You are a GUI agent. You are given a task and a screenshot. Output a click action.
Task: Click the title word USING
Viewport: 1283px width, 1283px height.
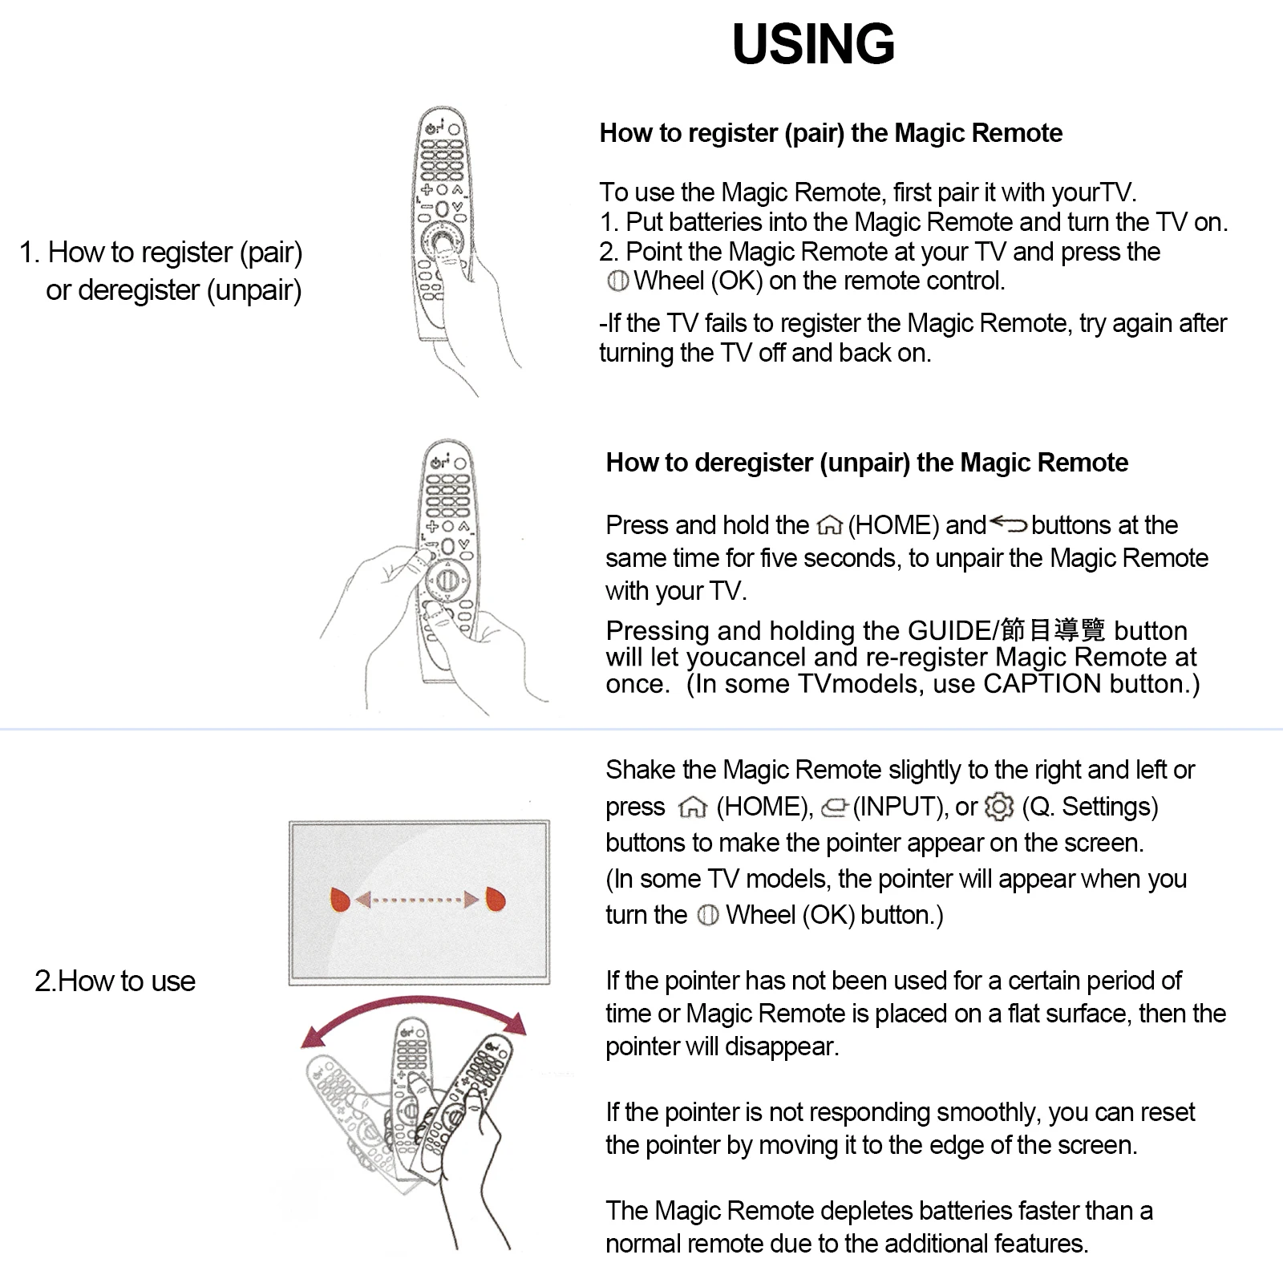[x=813, y=44]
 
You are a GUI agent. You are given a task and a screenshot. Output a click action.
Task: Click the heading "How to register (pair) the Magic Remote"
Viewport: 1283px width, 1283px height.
[x=831, y=133]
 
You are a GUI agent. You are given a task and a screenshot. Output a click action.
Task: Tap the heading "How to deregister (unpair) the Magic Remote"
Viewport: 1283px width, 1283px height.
[x=867, y=463]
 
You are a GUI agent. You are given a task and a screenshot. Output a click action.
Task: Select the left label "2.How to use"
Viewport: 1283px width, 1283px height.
[x=115, y=981]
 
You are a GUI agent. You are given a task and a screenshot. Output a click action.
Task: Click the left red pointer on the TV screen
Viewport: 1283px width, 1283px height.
[x=341, y=900]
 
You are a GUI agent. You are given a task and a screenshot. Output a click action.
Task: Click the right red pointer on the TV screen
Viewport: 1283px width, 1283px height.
[x=496, y=900]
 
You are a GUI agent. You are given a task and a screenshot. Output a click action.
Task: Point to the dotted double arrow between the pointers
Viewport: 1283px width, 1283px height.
[x=418, y=900]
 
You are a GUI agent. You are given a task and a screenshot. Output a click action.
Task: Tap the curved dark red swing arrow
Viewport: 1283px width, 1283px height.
[x=414, y=999]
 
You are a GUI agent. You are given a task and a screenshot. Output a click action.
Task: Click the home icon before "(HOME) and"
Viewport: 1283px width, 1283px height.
[x=829, y=526]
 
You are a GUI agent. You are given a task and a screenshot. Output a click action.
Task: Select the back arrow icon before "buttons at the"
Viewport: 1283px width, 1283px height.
[x=1008, y=524]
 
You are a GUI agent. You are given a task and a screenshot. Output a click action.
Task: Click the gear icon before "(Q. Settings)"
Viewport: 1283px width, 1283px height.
[x=999, y=807]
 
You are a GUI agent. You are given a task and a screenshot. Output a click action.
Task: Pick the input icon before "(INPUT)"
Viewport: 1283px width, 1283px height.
[x=835, y=807]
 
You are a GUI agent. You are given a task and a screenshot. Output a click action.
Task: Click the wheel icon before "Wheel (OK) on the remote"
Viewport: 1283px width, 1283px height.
[x=618, y=281]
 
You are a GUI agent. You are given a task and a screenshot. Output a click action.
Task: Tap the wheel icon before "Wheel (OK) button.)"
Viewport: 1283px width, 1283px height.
[x=708, y=916]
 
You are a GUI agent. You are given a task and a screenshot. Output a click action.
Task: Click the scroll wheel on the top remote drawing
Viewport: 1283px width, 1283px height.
[x=440, y=241]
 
